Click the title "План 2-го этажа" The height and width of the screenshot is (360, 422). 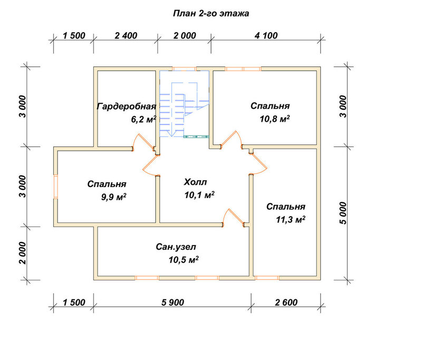point(210,14)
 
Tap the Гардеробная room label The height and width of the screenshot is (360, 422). point(127,106)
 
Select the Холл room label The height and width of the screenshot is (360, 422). point(195,182)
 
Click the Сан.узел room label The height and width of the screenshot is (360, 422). point(176,247)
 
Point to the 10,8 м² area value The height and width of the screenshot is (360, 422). point(274,119)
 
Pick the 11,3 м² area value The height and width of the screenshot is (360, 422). point(291,219)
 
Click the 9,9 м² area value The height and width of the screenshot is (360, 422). point(113,197)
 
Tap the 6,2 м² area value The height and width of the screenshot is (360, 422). point(143,119)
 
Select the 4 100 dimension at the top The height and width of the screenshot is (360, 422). point(266,35)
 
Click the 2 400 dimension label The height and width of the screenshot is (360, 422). point(126,35)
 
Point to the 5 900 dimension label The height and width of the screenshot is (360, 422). point(172,303)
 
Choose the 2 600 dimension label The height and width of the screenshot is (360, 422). point(286,303)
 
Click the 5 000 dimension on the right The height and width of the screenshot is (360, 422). point(343,213)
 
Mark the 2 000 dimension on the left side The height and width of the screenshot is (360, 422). point(23,253)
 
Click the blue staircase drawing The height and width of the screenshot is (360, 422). point(184,103)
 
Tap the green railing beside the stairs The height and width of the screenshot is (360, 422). point(196,137)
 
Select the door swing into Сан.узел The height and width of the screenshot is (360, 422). point(233,217)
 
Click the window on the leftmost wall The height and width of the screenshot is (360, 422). point(55,187)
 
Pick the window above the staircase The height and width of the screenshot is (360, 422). point(184,69)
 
